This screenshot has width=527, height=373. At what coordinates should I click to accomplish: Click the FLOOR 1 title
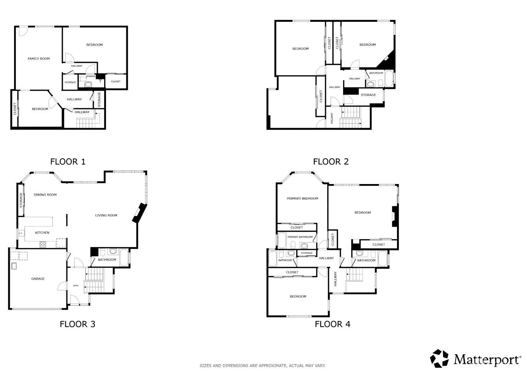[x=68, y=162]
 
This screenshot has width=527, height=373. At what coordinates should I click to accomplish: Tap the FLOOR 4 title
[x=332, y=324]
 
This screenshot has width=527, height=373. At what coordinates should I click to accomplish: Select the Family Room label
[x=39, y=59]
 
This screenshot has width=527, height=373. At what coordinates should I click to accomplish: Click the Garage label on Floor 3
[x=38, y=279]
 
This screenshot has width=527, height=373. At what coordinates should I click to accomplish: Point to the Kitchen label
[x=42, y=233]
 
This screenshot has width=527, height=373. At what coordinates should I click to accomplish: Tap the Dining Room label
[x=45, y=195]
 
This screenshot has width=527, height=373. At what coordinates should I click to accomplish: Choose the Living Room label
[x=106, y=215]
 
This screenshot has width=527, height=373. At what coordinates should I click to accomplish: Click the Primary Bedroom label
[x=302, y=198]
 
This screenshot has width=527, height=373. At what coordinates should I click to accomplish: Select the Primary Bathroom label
[x=300, y=237]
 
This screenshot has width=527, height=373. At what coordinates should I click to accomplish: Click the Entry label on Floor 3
[x=76, y=285]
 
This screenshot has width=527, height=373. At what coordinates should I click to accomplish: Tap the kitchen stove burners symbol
[x=43, y=244]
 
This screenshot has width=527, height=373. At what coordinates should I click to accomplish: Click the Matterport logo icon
[x=440, y=359]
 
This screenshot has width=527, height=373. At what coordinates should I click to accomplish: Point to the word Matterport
[x=486, y=360]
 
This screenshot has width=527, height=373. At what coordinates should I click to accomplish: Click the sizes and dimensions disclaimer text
[x=262, y=366]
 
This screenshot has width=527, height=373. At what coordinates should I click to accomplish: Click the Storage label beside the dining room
[x=21, y=200]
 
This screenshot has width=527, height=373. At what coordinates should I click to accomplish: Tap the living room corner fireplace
[x=139, y=213]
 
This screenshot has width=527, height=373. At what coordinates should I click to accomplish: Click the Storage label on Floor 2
[x=368, y=95]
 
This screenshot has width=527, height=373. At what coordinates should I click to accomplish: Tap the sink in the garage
[x=14, y=266]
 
